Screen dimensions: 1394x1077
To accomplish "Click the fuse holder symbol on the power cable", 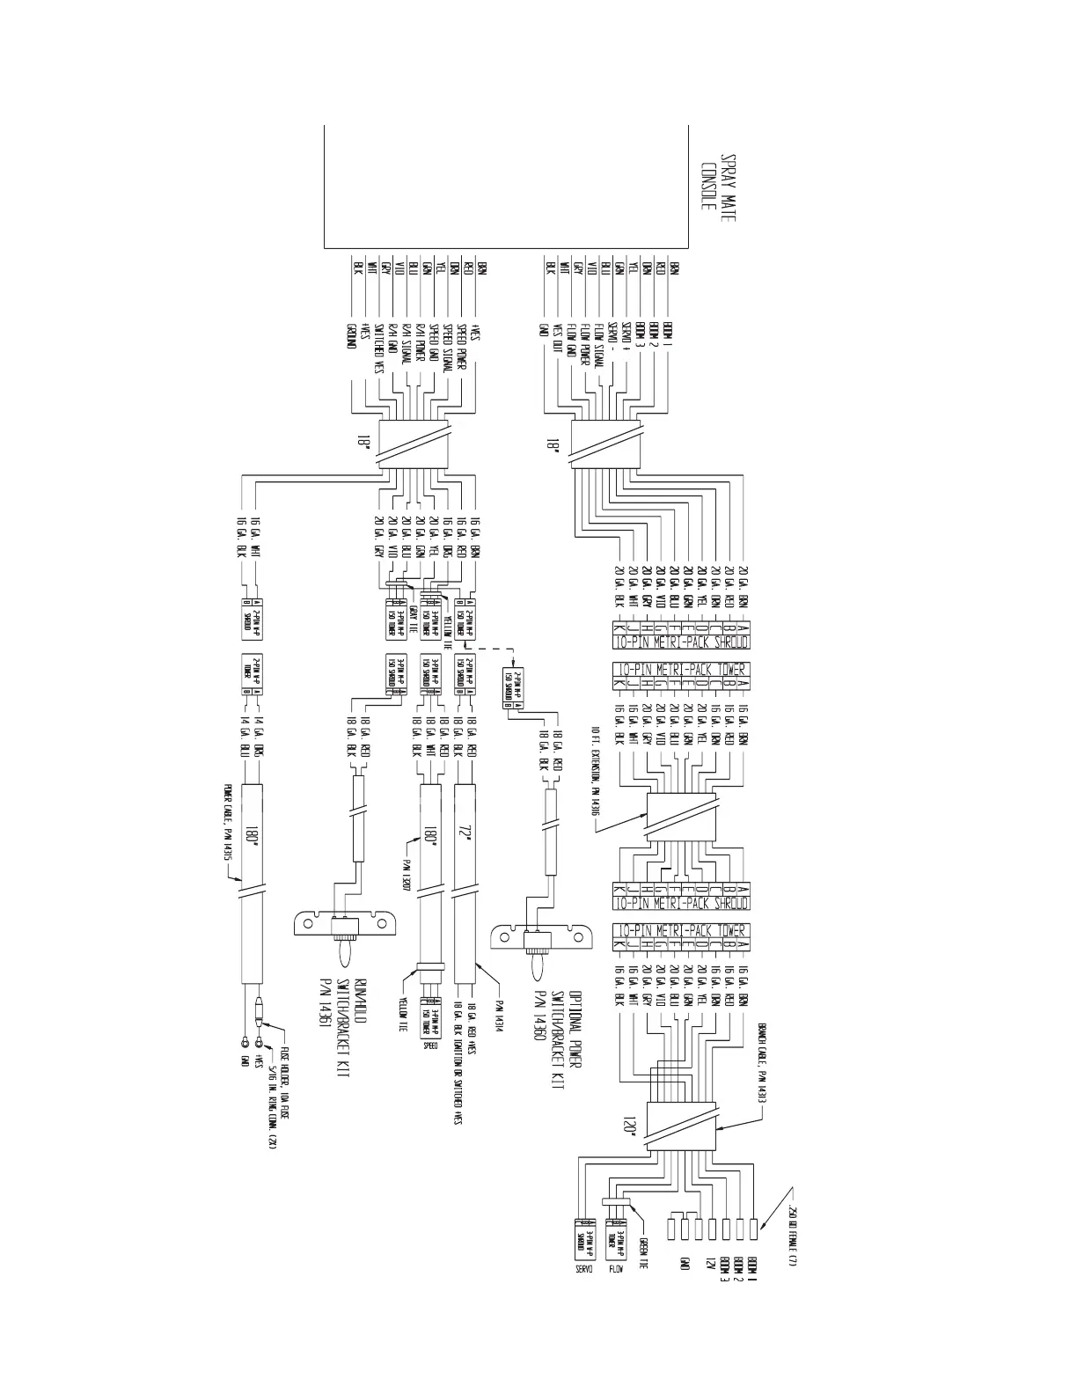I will [x=257, y=1022].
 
